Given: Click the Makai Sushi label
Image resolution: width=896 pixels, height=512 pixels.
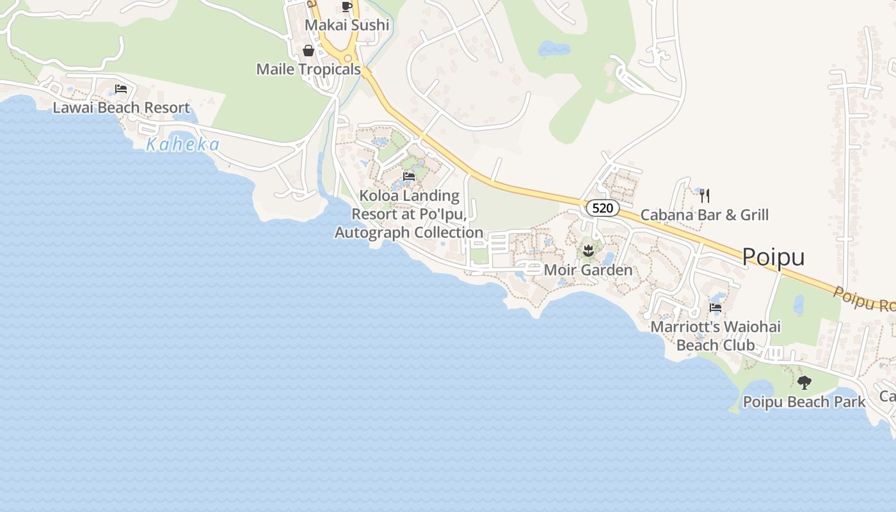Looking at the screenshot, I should pyautogui.click(x=347, y=25).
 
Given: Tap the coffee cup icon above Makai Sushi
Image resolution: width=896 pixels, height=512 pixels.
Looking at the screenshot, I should pyautogui.click(x=347, y=7).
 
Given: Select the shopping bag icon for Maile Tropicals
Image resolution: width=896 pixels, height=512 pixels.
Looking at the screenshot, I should pyautogui.click(x=308, y=51).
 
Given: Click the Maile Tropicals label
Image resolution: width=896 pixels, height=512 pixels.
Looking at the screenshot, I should pyautogui.click(x=308, y=69).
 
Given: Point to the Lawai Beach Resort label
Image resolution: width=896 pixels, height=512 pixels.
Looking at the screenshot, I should pyautogui.click(x=121, y=108).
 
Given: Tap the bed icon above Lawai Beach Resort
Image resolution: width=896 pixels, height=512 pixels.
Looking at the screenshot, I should pyautogui.click(x=121, y=89).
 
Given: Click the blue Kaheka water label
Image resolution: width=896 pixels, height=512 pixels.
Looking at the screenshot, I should pyautogui.click(x=182, y=145).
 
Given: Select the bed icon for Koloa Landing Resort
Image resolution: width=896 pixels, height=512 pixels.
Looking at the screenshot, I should pyautogui.click(x=409, y=177).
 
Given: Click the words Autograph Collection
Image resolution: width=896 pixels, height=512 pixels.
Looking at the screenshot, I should pyautogui.click(x=409, y=232).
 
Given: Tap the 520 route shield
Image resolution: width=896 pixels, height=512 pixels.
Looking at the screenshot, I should pyautogui.click(x=602, y=208).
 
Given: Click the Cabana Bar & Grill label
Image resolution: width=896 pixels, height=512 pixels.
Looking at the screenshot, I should pyautogui.click(x=705, y=215).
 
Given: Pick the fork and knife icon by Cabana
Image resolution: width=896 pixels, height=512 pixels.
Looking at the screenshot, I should pyautogui.click(x=705, y=196).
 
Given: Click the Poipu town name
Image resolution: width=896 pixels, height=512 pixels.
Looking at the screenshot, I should pyautogui.click(x=773, y=257).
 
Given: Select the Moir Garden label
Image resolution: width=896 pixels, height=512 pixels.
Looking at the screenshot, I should pyautogui.click(x=588, y=270).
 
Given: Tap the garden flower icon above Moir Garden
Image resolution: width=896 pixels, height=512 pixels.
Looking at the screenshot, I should pyautogui.click(x=588, y=250).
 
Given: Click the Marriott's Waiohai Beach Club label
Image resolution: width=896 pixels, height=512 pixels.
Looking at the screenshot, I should pyautogui.click(x=716, y=336).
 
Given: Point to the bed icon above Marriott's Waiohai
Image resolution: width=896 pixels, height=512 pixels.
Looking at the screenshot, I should pyautogui.click(x=716, y=308).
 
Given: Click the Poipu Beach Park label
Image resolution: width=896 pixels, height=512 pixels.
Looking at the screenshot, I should pyautogui.click(x=804, y=402).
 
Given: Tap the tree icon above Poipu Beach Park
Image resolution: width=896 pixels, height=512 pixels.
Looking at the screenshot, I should pyautogui.click(x=804, y=383).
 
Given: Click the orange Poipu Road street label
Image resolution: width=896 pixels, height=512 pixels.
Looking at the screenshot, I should pyautogui.click(x=864, y=299).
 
